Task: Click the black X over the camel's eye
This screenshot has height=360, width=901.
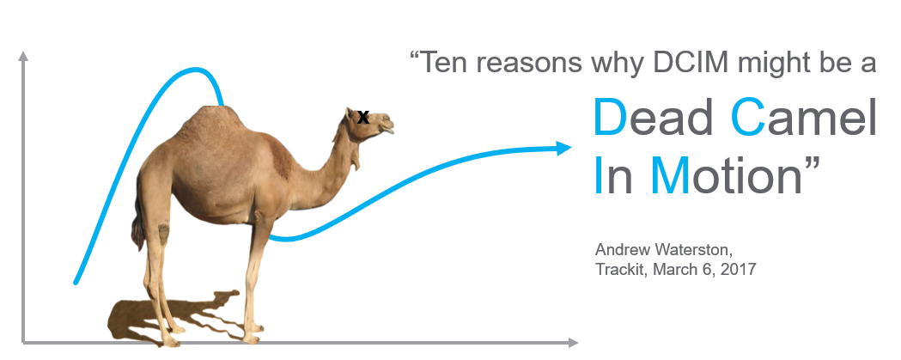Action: (363, 118)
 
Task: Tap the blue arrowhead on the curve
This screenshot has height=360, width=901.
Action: (564, 149)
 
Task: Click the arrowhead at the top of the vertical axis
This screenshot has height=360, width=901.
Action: (23, 56)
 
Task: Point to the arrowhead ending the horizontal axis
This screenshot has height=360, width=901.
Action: (573, 343)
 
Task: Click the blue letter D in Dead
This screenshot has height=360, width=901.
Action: (610, 117)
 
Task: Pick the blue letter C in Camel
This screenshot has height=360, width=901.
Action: (747, 117)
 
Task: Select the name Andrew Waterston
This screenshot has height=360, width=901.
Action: (664, 250)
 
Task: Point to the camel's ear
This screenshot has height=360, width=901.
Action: (350, 115)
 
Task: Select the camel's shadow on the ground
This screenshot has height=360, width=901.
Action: (173, 317)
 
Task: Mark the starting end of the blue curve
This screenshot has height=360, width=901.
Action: (76, 283)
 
